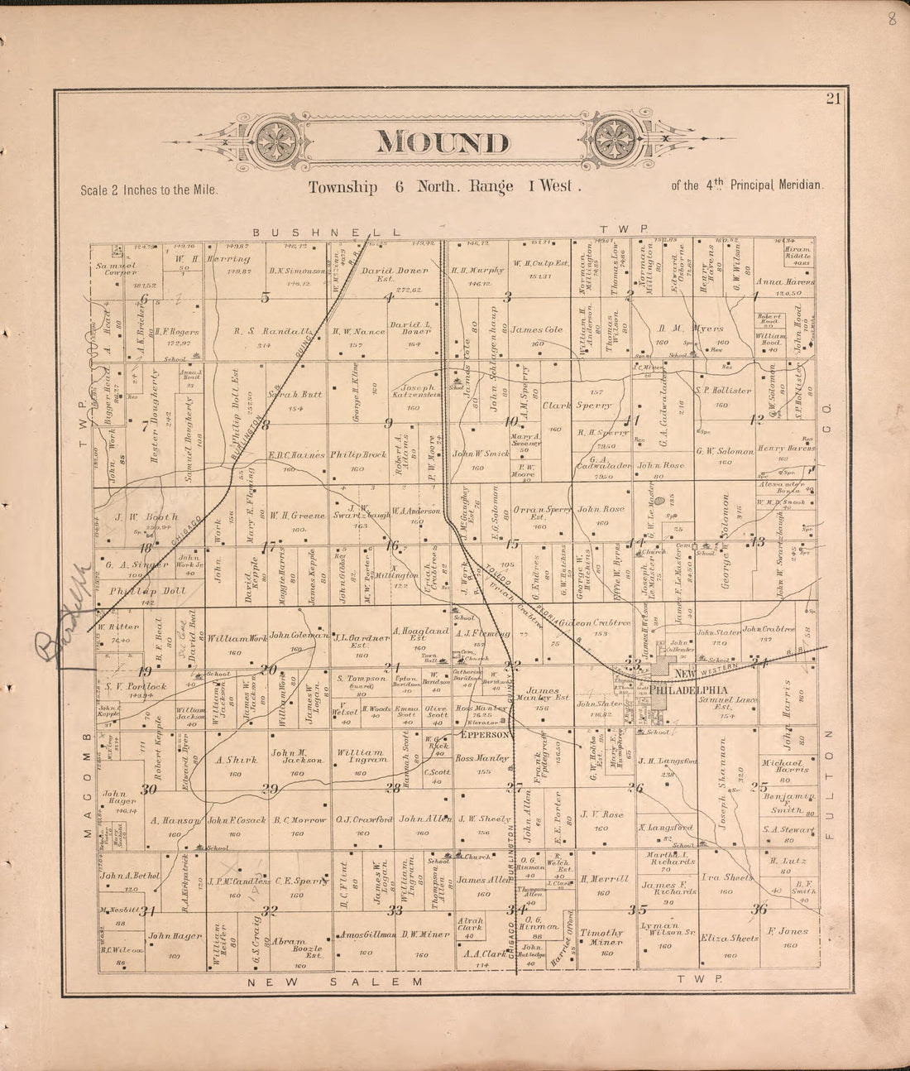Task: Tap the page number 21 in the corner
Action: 831,100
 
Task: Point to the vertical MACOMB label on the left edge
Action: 85,775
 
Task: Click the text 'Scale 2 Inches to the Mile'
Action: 149,190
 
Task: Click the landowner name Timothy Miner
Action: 601,936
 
